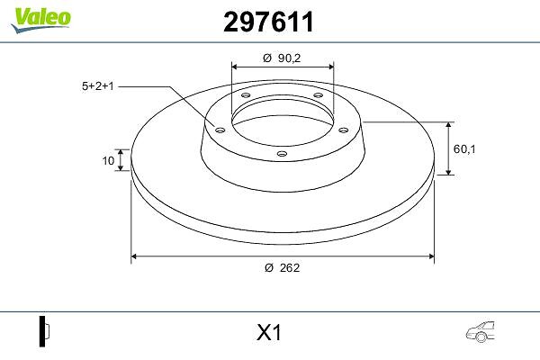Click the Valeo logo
tap(40, 20)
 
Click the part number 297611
tap(268, 22)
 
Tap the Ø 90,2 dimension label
tap(282, 58)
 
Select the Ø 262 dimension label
tap(283, 267)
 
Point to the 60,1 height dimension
tap(464, 149)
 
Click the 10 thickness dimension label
tap(108, 160)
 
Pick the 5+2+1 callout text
tap(97, 86)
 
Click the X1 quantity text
tap(269, 333)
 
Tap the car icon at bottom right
tap(481, 332)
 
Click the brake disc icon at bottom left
tap(44, 331)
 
